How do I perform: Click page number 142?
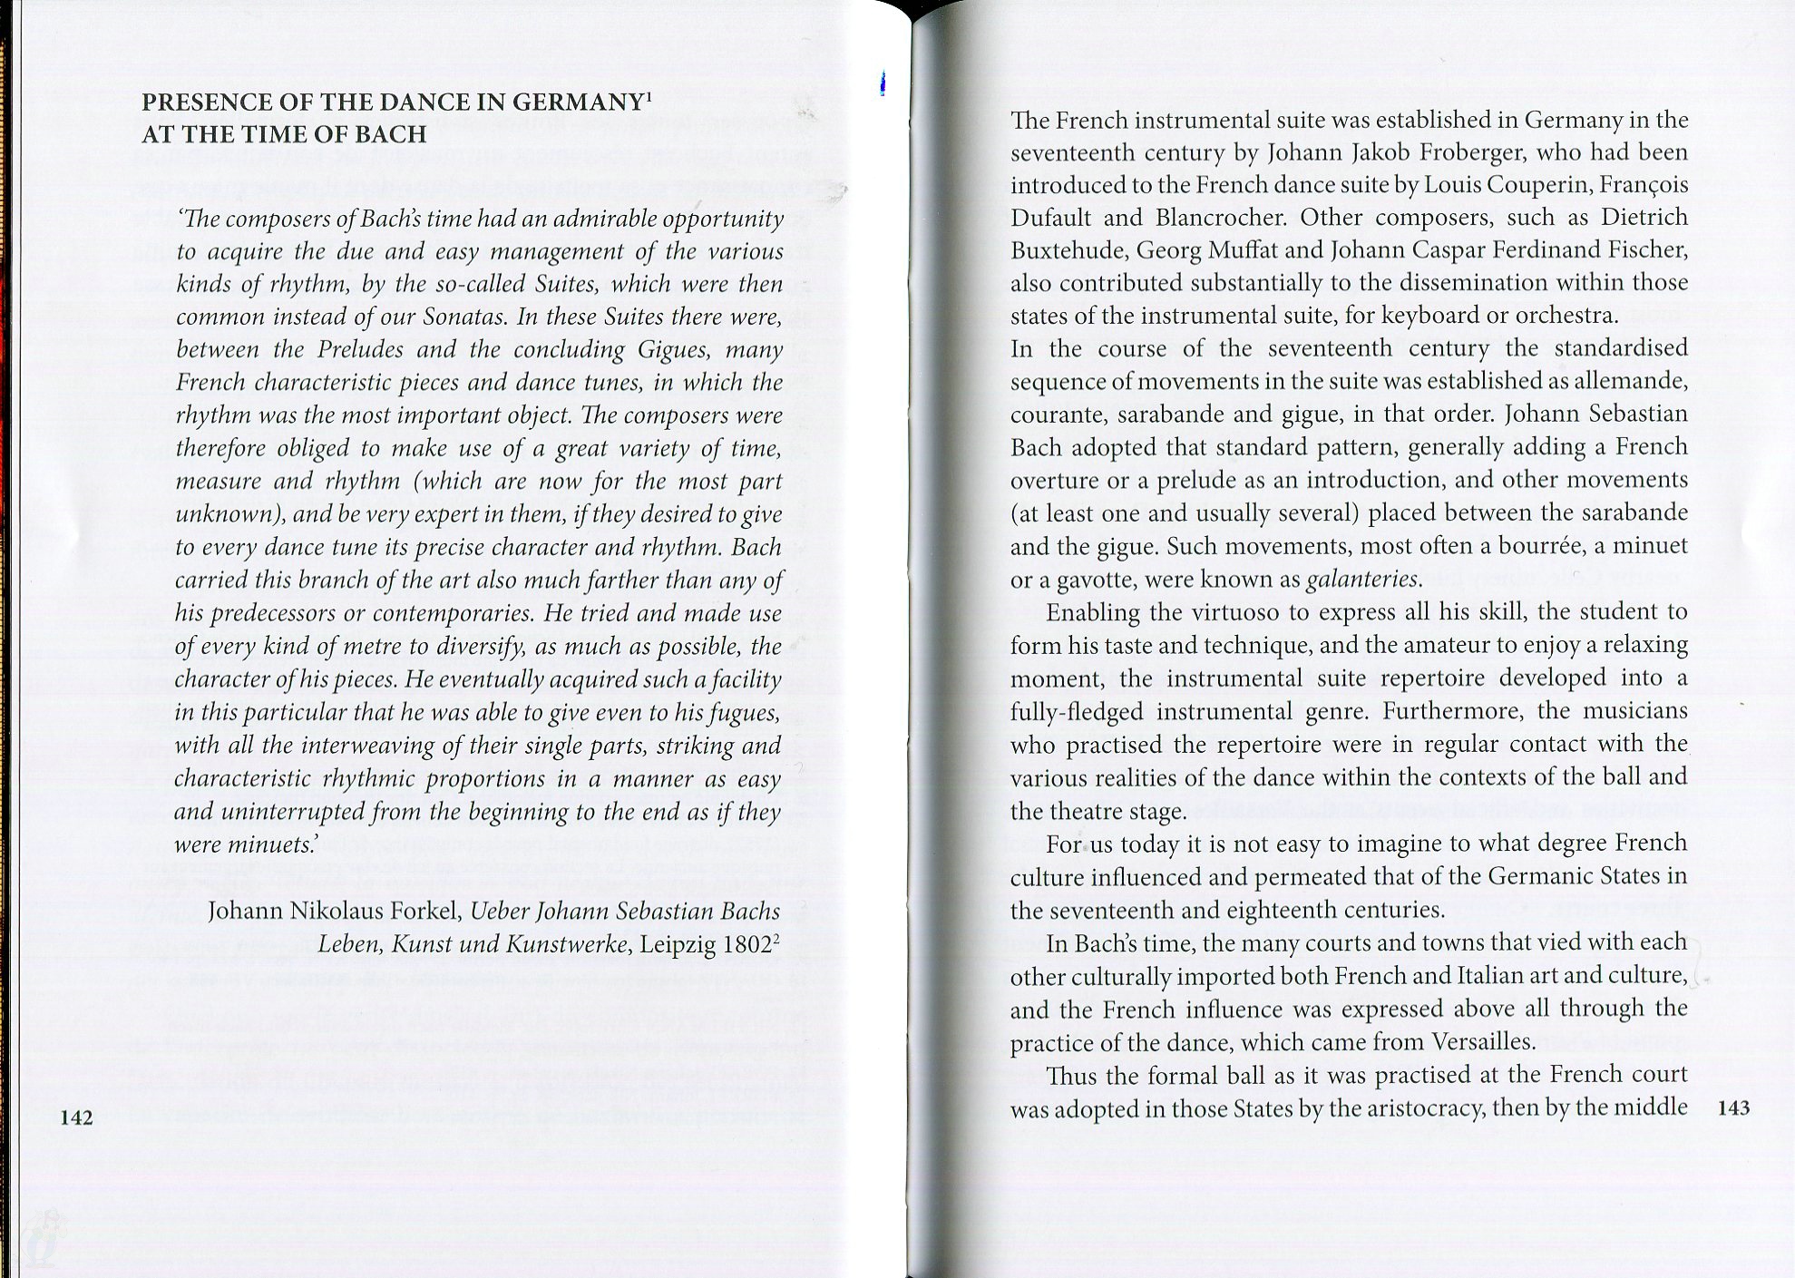click(76, 1117)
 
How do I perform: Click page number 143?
click(1733, 1107)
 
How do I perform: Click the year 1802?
click(749, 944)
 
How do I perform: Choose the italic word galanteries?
click(1363, 579)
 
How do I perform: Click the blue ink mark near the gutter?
click(883, 85)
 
